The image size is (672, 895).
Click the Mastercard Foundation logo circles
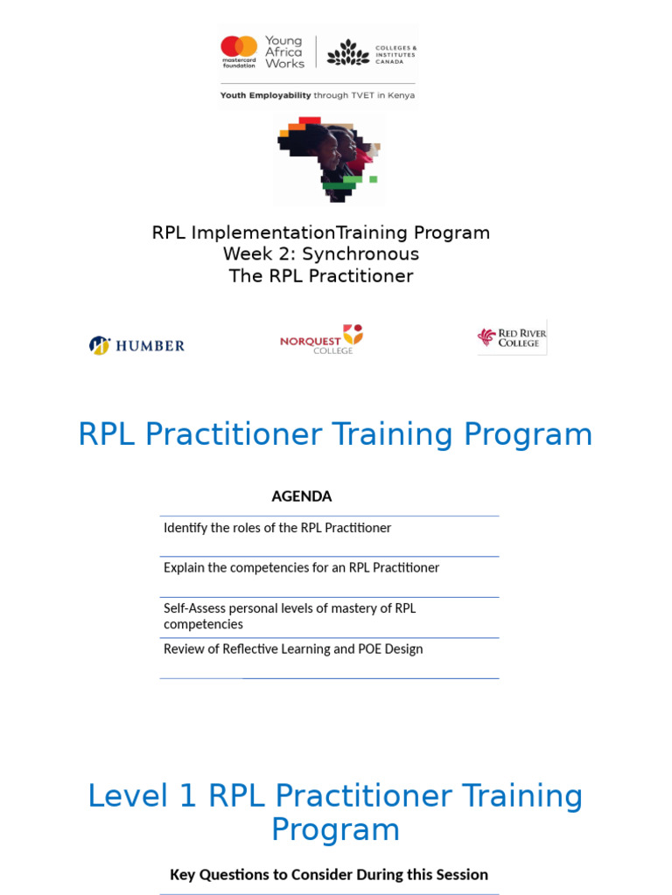[239, 47]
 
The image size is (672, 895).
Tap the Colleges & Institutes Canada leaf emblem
[347, 52]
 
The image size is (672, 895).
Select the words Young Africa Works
[284, 52]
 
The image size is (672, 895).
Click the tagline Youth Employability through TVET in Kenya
[318, 95]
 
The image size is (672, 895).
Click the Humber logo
[137, 345]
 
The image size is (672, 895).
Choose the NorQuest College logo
[321, 339]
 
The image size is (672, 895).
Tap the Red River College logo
[512, 337]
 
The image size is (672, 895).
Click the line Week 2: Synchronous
[321, 254]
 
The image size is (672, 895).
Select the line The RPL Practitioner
[321, 276]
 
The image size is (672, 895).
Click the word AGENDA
[302, 496]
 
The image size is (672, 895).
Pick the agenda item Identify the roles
[277, 528]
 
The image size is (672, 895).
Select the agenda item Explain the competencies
[301, 568]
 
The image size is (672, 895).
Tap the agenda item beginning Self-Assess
[290, 616]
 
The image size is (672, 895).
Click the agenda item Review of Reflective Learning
[293, 649]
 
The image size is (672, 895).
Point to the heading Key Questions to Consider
[329, 874]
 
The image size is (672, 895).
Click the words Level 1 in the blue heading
[143, 796]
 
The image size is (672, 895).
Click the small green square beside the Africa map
[373, 179]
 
